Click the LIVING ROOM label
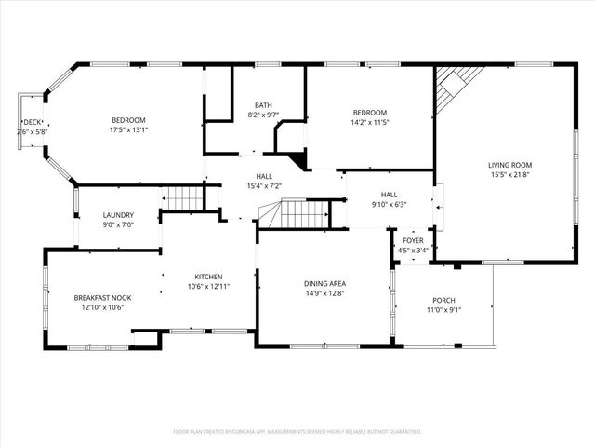coord(510,165)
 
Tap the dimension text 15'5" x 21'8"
coord(510,176)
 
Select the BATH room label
coord(264,104)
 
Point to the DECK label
coord(33,122)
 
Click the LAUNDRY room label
coord(118,214)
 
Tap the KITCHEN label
coord(208,277)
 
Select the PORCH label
coord(443,300)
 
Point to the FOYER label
coord(413,239)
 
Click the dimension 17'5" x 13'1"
coord(129,131)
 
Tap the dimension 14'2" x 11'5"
coord(369,123)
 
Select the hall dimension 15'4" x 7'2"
coord(264,186)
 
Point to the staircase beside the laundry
coord(183,197)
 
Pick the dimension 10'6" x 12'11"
coord(208,287)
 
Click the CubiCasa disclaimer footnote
coord(297,431)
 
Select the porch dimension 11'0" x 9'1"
coord(443,310)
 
